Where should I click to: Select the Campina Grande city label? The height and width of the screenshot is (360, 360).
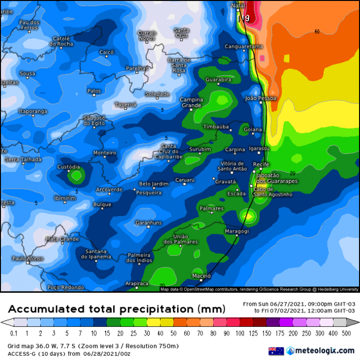coord(192,102)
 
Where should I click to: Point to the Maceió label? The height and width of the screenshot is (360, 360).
coord(201,276)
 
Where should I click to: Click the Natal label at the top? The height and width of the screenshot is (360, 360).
coord(238,6)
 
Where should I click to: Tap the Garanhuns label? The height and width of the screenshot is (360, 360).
coord(148,223)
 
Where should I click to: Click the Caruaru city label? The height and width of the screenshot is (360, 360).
coord(185,180)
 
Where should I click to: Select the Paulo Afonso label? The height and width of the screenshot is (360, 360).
coord(27,259)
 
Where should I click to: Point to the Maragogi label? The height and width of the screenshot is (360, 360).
coord(237,231)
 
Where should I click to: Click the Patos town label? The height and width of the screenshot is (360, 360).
coord(94,91)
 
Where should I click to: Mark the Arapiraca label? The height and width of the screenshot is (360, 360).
coord(137,284)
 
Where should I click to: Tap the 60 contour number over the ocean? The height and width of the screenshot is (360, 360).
coord(317,32)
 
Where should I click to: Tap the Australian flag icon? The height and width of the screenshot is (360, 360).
coord(276,351)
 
